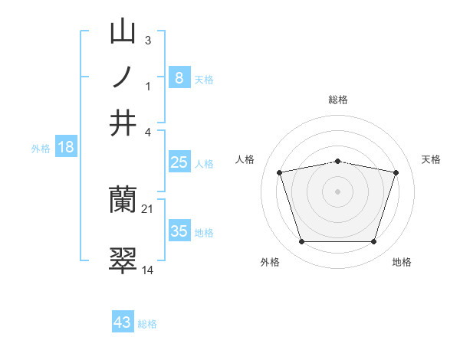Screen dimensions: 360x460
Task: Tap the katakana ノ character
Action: coord(123,77)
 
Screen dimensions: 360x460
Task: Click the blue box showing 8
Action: coord(179,77)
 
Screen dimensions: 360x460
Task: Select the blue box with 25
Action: coord(179,162)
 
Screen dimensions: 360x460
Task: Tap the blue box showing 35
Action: coord(179,231)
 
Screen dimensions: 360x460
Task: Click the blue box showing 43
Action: coord(123,322)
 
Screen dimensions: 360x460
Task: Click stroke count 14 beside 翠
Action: coord(148,270)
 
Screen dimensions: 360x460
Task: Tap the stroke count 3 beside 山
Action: coord(148,40)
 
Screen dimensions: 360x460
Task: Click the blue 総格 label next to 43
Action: coord(147,324)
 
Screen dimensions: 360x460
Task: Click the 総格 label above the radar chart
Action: coord(337,100)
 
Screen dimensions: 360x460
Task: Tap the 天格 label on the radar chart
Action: coord(431,159)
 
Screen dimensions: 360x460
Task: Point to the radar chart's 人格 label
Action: coord(245,159)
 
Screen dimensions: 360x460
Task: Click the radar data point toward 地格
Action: coord(373,242)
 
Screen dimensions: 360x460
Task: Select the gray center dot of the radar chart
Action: coord(337,191)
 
